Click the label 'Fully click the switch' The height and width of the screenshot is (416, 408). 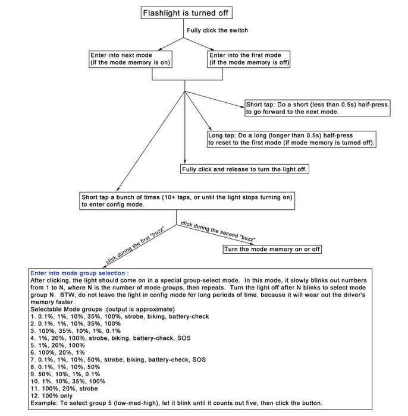(217, 30)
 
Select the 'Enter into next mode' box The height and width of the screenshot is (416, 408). (130, 58)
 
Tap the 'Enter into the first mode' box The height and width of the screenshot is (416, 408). (249, 58)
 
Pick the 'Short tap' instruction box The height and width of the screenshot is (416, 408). (317, 108)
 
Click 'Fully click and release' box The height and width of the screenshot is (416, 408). (245, 169)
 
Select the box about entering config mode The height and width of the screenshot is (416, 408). (187, 200)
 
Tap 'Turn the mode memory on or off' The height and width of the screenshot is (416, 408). (272, 249)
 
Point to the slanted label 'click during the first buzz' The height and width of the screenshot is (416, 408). (134, 245)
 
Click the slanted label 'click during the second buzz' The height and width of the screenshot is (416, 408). (218, 231)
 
